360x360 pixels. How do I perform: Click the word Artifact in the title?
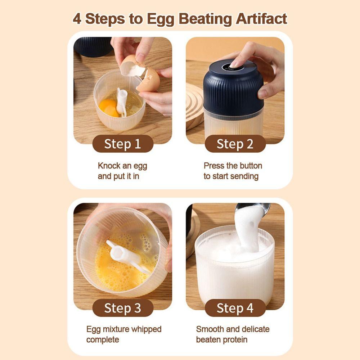coord(261,19)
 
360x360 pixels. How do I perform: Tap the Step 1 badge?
coord(123,144)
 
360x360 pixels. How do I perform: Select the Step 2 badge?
coord(235,144)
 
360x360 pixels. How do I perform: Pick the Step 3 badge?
coord(123,308)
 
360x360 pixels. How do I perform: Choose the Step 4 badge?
coord(235,308)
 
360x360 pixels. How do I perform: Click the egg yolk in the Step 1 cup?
coord(109,107)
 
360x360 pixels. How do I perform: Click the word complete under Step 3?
coord(103,340)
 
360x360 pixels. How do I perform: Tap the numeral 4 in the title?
coord(77,19)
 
